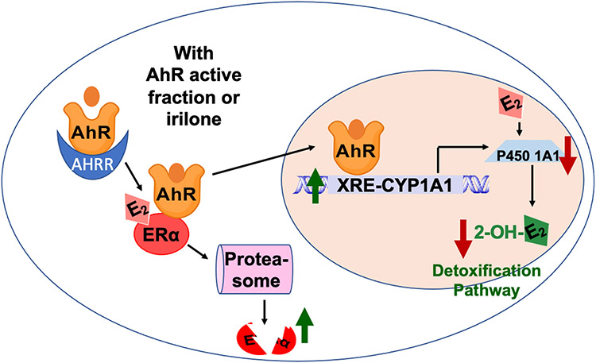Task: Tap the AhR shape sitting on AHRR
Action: (x=91, y=127)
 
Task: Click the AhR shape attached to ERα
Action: (x=176, y=190)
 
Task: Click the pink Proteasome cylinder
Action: (x=255, y=269)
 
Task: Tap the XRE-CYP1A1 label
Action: (x=395, y=186)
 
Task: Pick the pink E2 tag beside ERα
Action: (x=137, y=208)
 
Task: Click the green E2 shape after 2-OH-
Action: (x=536, y=230)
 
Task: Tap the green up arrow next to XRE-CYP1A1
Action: (x=315, y=185)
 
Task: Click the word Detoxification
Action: (x=486, y=271)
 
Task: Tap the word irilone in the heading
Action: (x=194, y=119)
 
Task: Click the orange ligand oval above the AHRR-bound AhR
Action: (x=91, y=97)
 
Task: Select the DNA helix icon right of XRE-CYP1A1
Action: (x=475, y=186)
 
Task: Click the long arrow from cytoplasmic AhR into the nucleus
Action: (x=264, y=160)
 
